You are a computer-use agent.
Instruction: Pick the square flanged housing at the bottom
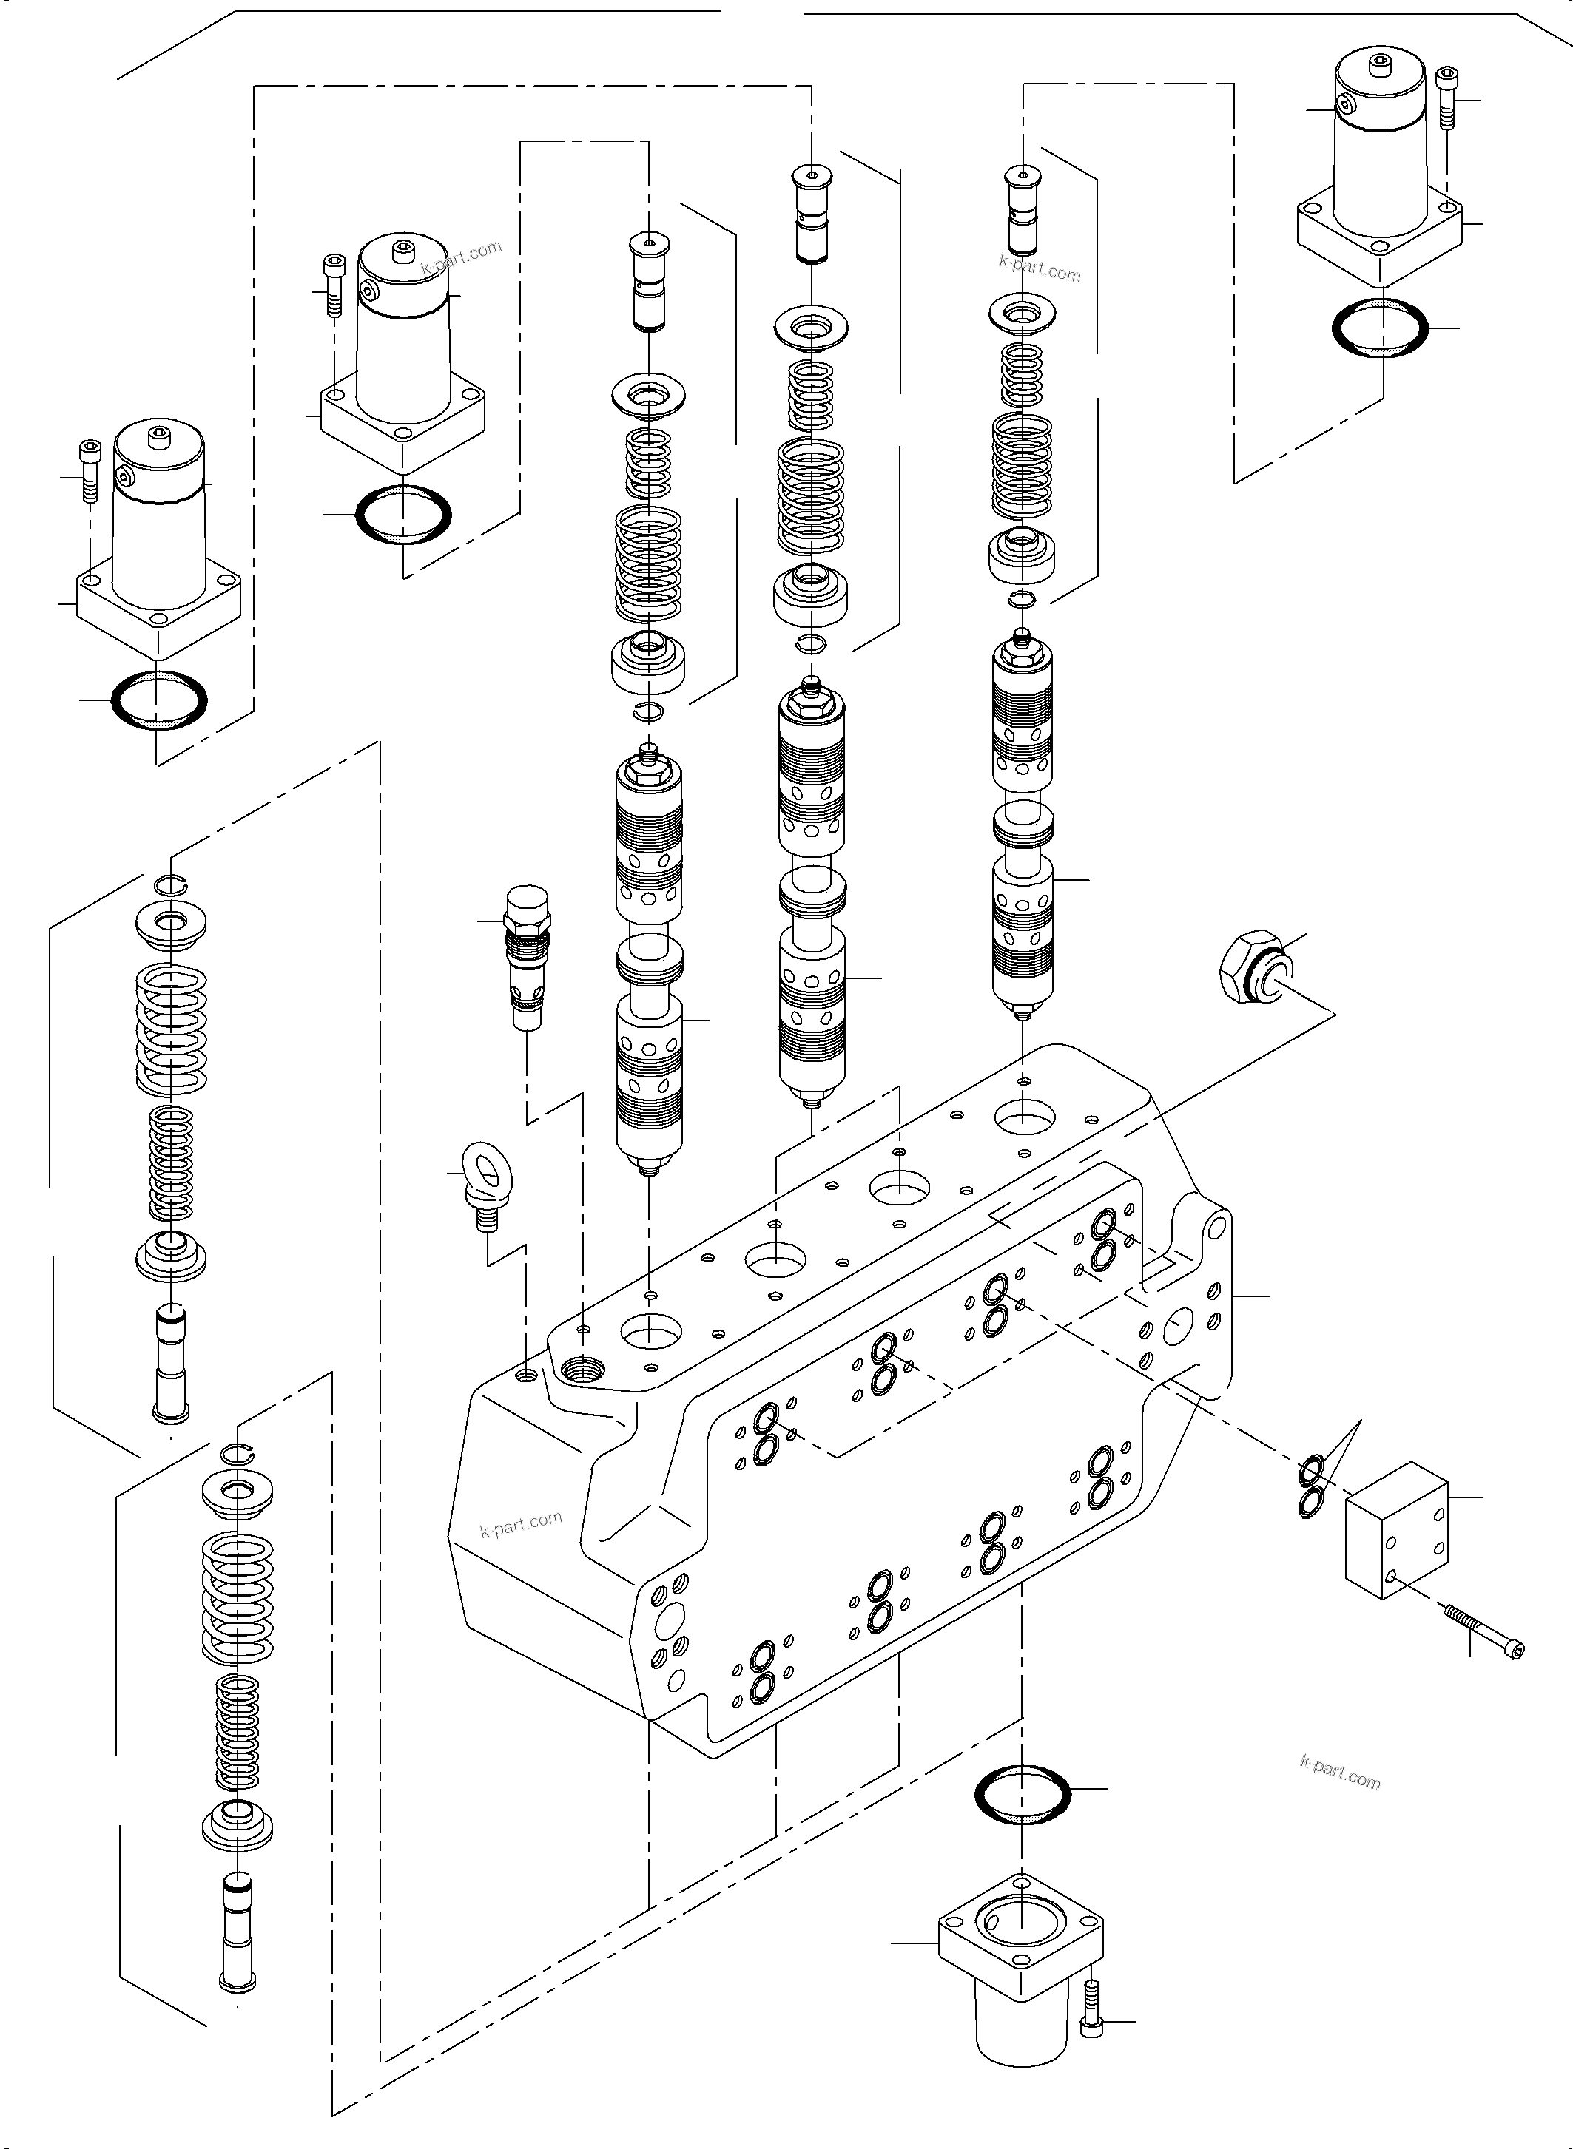(x=1021, y=1960)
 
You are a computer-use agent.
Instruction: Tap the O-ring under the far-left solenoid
(x=159, y=700)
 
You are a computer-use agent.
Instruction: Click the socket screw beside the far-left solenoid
(x=90, y=471)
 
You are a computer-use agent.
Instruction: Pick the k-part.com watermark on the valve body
(x=521, y=1525)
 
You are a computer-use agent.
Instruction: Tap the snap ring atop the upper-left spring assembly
(x=173, y=884)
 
